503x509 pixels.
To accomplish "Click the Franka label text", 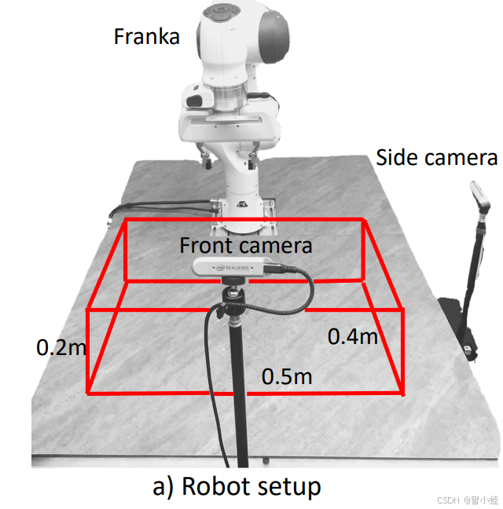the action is pos(147,36).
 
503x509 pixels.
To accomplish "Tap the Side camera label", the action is pos(436,157).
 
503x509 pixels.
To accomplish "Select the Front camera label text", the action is pos(245,245).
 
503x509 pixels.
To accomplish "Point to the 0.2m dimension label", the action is pos(61,346).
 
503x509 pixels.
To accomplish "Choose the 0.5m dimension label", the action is pos(287,376).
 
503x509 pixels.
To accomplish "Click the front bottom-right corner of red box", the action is pos(404,391).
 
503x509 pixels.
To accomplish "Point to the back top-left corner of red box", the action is pos(126,221).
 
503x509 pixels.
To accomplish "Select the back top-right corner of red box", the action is pos(364,221).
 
